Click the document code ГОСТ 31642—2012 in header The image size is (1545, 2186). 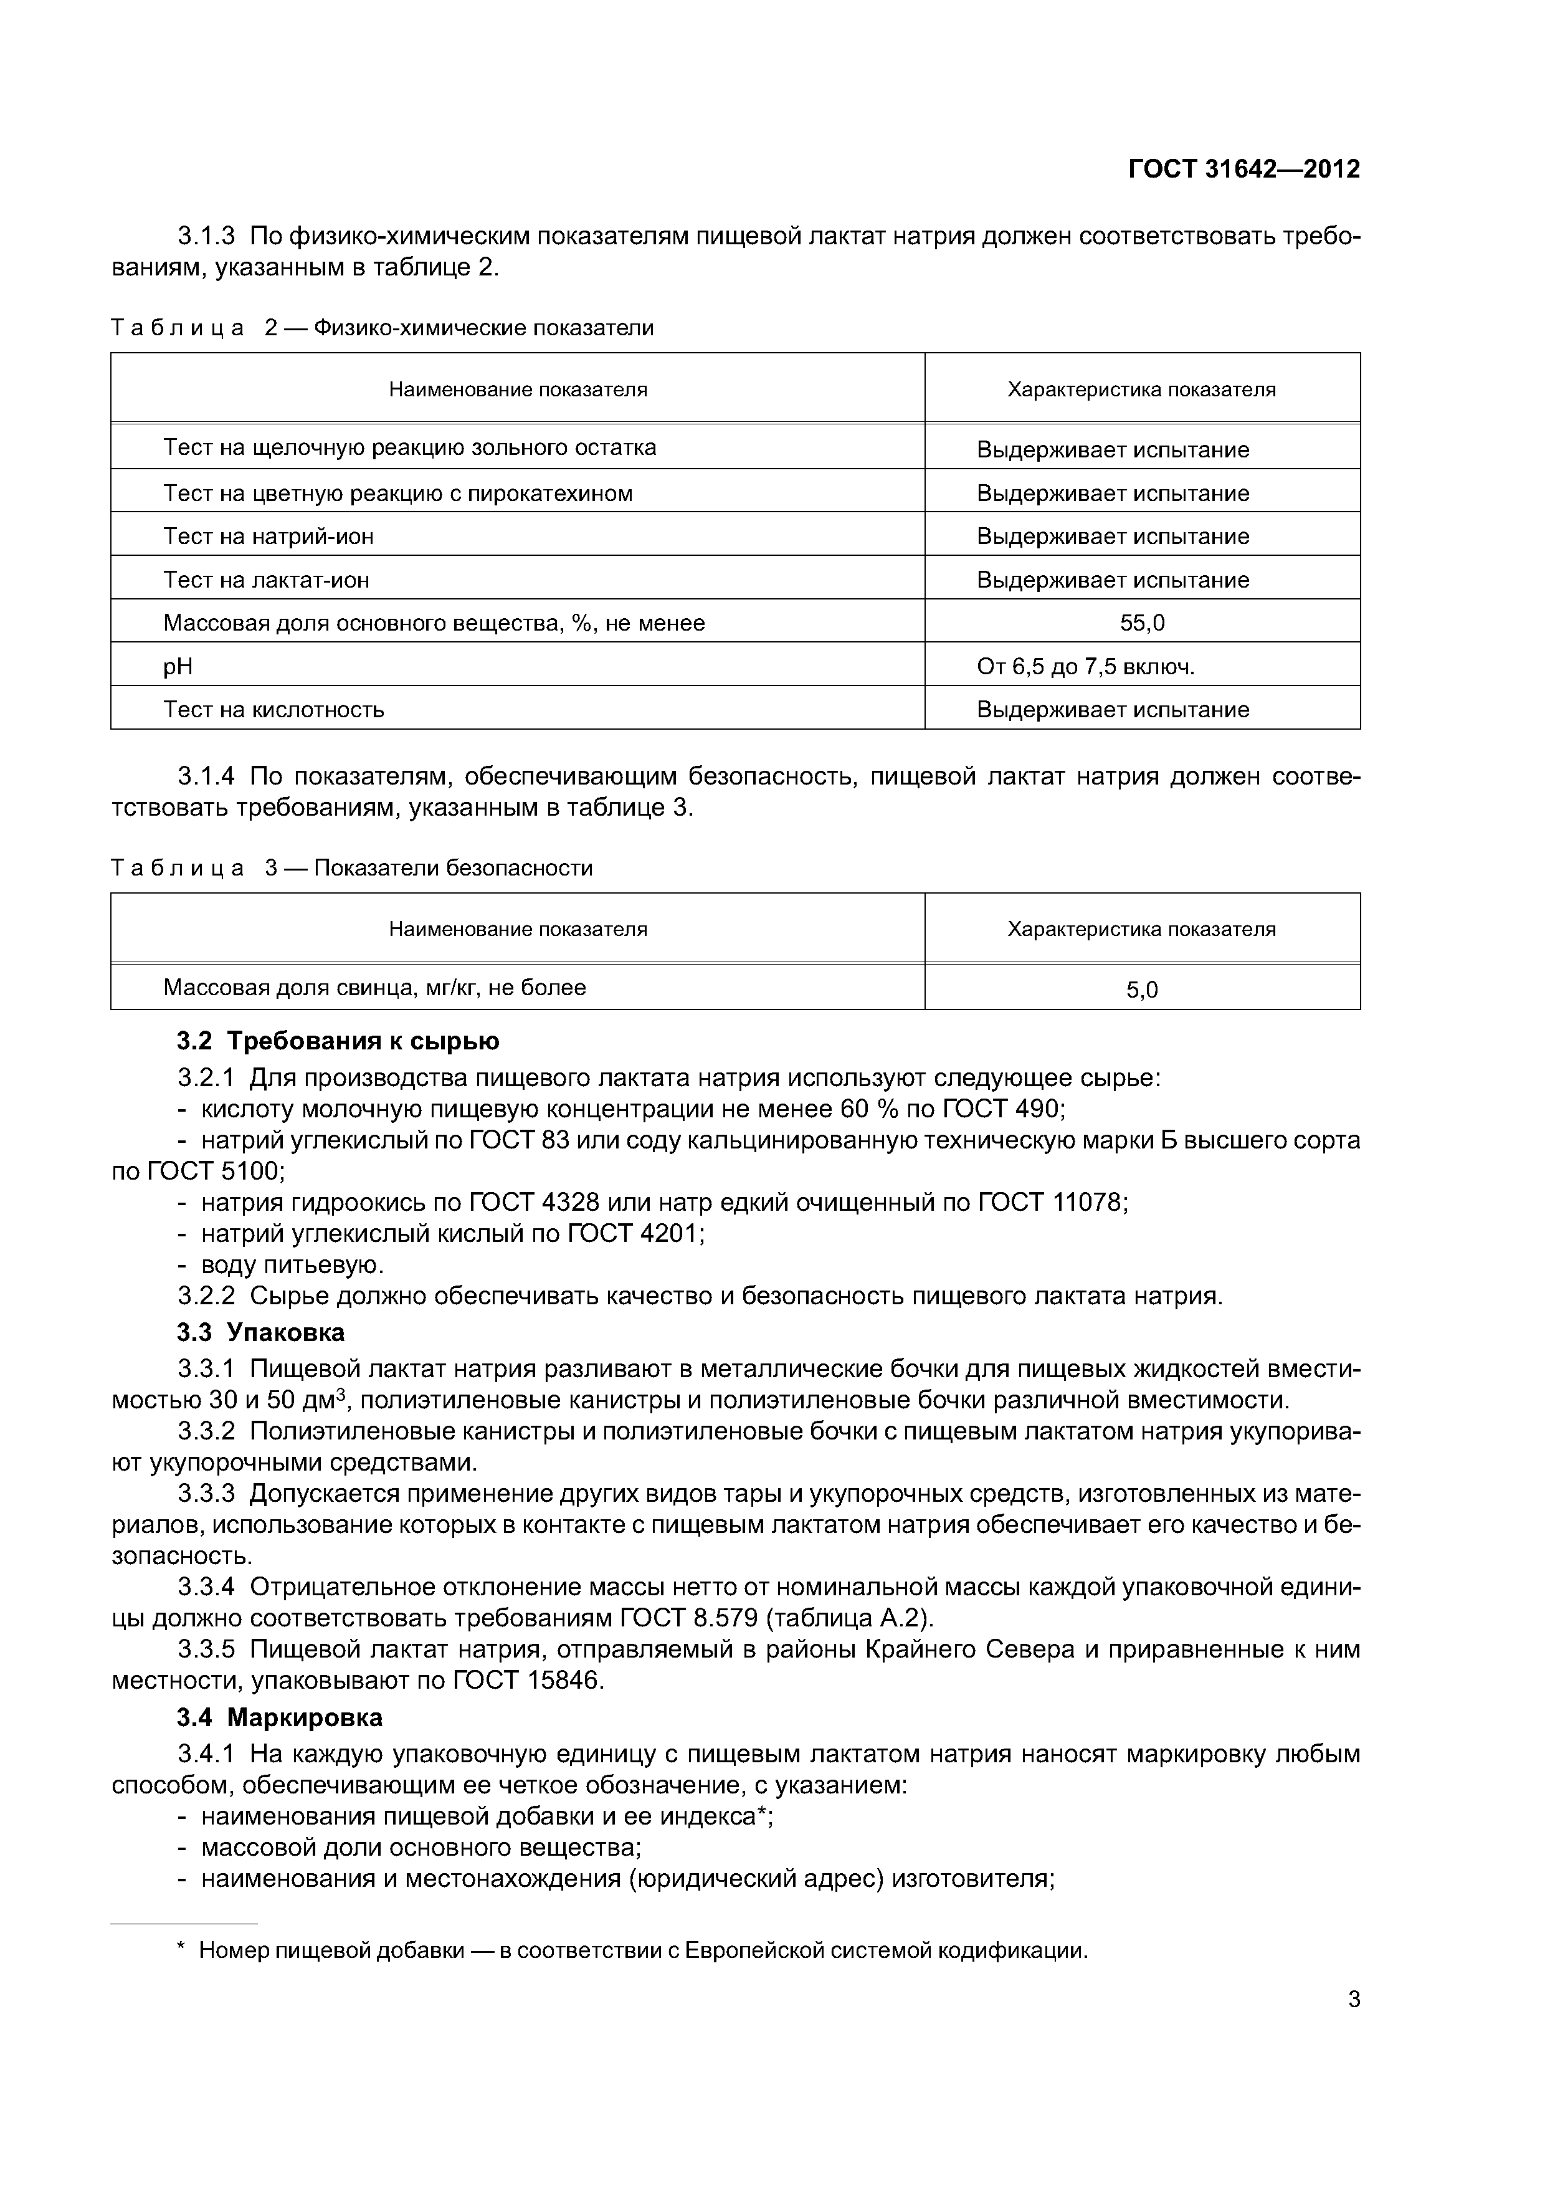pyautogui.click(x=1243, y=169)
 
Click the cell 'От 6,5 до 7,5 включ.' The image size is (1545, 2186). pyautogui.click(x=1085, y=667)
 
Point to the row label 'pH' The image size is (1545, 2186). pyautogui.click(x=178, y=667)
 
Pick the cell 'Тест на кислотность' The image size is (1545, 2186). pyautogui.click(x=274, y=709)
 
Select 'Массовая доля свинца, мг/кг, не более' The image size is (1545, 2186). pyautogui.click(x=374, y=987)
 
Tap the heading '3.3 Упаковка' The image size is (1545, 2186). pyautogui.click(x=261, y=1332)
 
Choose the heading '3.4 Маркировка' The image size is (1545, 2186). pyautogui.click(x=280, y=1717)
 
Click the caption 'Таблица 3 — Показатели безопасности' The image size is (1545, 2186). pyautogui.click(x=352, y=868)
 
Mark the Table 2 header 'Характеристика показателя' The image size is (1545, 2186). pyautogui.click(x=1141, y=389)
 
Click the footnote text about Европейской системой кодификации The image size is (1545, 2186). pyautogui.click(x=642, y=1951)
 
